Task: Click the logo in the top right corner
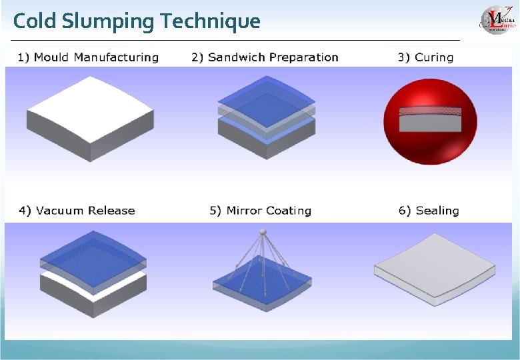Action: [497, 19]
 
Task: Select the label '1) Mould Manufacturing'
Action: [88, 57]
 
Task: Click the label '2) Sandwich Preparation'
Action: [265, 57]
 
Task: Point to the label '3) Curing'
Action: [425, 57]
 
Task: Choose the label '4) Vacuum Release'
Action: [77, 211]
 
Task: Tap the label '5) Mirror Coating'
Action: [260, 211]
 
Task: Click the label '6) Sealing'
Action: [429, 211]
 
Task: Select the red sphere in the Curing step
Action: [431, 143]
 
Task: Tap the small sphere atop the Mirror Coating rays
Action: [263, 231]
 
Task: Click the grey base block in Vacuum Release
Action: [93, 293]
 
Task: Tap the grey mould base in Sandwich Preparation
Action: [267, 143]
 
